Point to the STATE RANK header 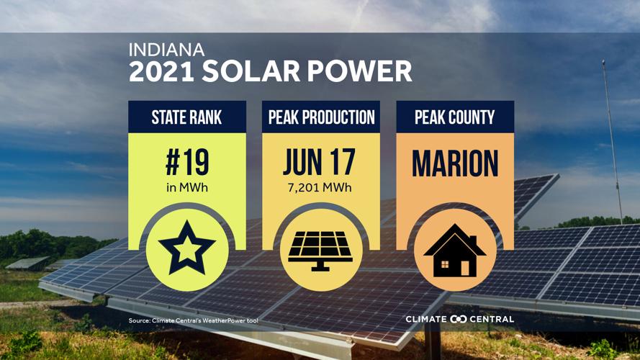[187, 117]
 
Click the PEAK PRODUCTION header [321, 117]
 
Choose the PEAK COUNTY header [455, 117]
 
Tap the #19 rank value [187, 164]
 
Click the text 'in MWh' [187, 189]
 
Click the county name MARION [455, 164]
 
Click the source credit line [193, 320]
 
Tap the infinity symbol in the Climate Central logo [459, 319]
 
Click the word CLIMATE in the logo [427, 319]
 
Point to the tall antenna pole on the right [611, 130]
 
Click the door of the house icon [464, 267]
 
